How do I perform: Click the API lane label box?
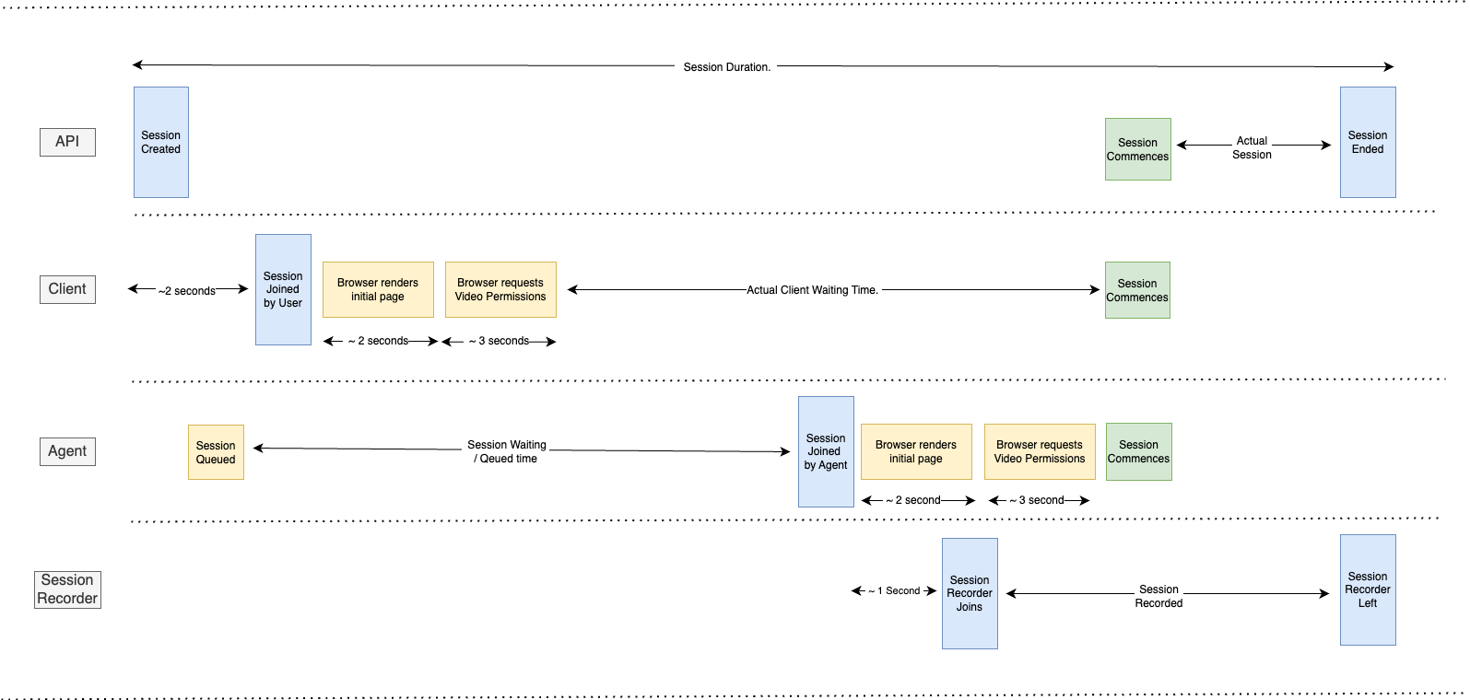67,142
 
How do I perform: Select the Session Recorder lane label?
67,589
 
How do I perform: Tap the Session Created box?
161,142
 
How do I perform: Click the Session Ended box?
1368,142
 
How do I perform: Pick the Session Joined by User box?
283,289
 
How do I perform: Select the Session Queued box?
216,452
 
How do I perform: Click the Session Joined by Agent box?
826,451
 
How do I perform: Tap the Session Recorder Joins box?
970,593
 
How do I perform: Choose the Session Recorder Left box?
1368,589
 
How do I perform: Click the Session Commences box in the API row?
1138,149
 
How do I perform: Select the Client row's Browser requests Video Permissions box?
500,289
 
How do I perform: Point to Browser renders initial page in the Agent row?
916,451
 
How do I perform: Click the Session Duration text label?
726,67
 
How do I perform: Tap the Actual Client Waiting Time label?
812,290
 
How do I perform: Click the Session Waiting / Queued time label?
507,451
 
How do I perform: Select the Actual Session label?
1252,147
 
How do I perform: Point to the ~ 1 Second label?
894,591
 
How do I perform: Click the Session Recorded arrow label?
1158,596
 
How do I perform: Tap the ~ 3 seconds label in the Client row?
499,341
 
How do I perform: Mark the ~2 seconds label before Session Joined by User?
187,291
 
